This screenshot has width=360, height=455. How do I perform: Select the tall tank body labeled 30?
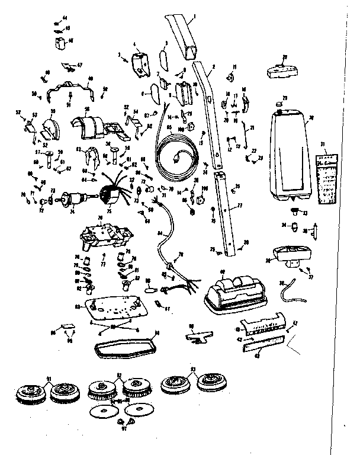coord(290,154)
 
